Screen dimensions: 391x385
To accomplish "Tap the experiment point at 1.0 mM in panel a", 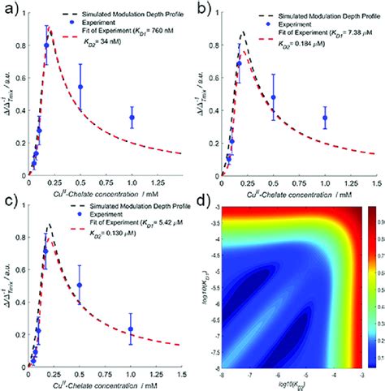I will pyautogui.click(x=132, y=118).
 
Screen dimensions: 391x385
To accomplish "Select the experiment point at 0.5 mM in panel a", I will pyautogui.click(x=80, y=87).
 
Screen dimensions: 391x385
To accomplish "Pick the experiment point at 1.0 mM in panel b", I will pyautogui.click(x=325, y=118).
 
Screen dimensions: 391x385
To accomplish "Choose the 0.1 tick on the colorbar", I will pyautogui.click(x=374, y=354).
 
